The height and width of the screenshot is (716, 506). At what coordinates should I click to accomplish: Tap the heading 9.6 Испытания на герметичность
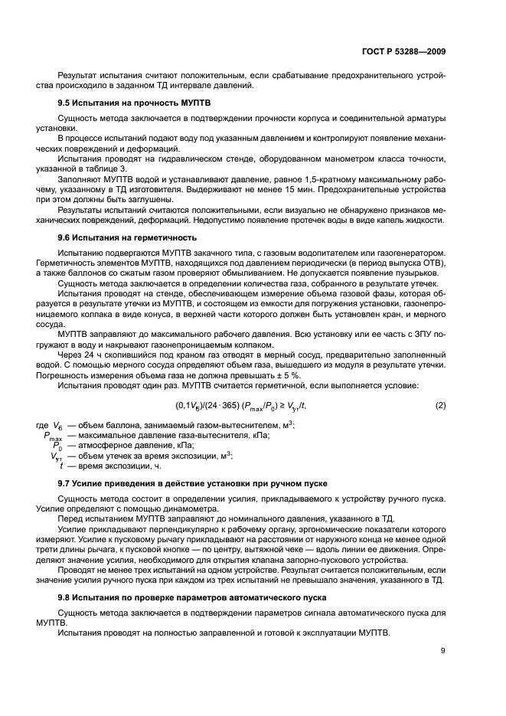127,238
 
